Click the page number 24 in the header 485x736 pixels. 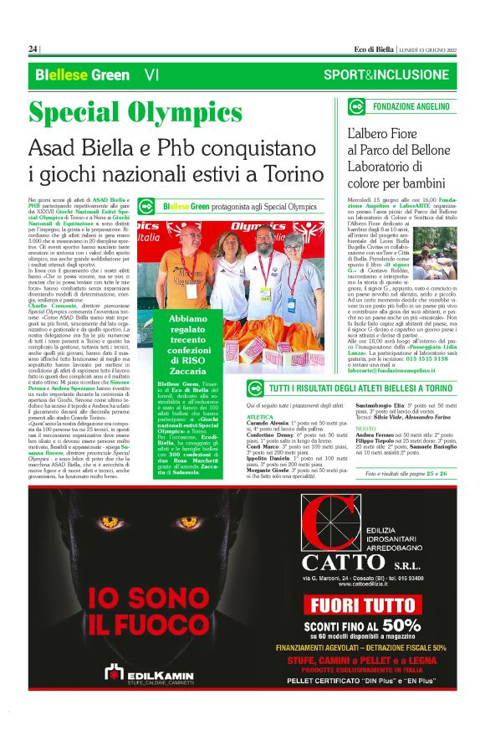33,49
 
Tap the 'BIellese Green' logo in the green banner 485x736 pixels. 71,75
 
